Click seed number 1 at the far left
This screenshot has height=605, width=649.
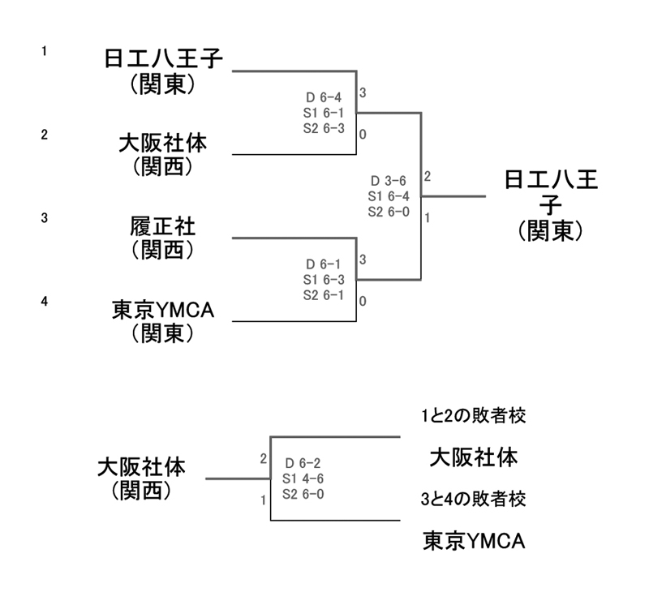pyautogui.click(x=45, y=52)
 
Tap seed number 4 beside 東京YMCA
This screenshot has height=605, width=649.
pyautogui.click(x=45, y=302)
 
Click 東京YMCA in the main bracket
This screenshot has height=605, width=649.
pyautogui.click(x=162, y=310)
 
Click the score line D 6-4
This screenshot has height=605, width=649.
pyautogui.click(x=323, y=98)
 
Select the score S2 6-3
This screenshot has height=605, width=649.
pyautogui.click(x=323, y=127)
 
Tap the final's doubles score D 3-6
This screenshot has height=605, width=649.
pyautogui.click(x=389, y=181)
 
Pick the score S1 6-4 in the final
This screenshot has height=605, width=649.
pyautogui.click(x=389, y=195)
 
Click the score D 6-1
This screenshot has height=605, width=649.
pyautogui.click(x=323, y=264)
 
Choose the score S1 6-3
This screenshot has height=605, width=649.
pyautogui.click(x=323, y=280)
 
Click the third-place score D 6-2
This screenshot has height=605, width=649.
pyautogui.click(x=305, y=464)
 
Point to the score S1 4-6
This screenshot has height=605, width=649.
pyautogui.click(x=305, y=478)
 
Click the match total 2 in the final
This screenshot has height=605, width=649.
pyautogui.click(x=427, y=176)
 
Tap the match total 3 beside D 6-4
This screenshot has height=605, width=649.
pyautogui.click(x=363, y=93)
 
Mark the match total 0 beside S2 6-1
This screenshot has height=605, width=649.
pyautogui.click(x=363, y=301)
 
